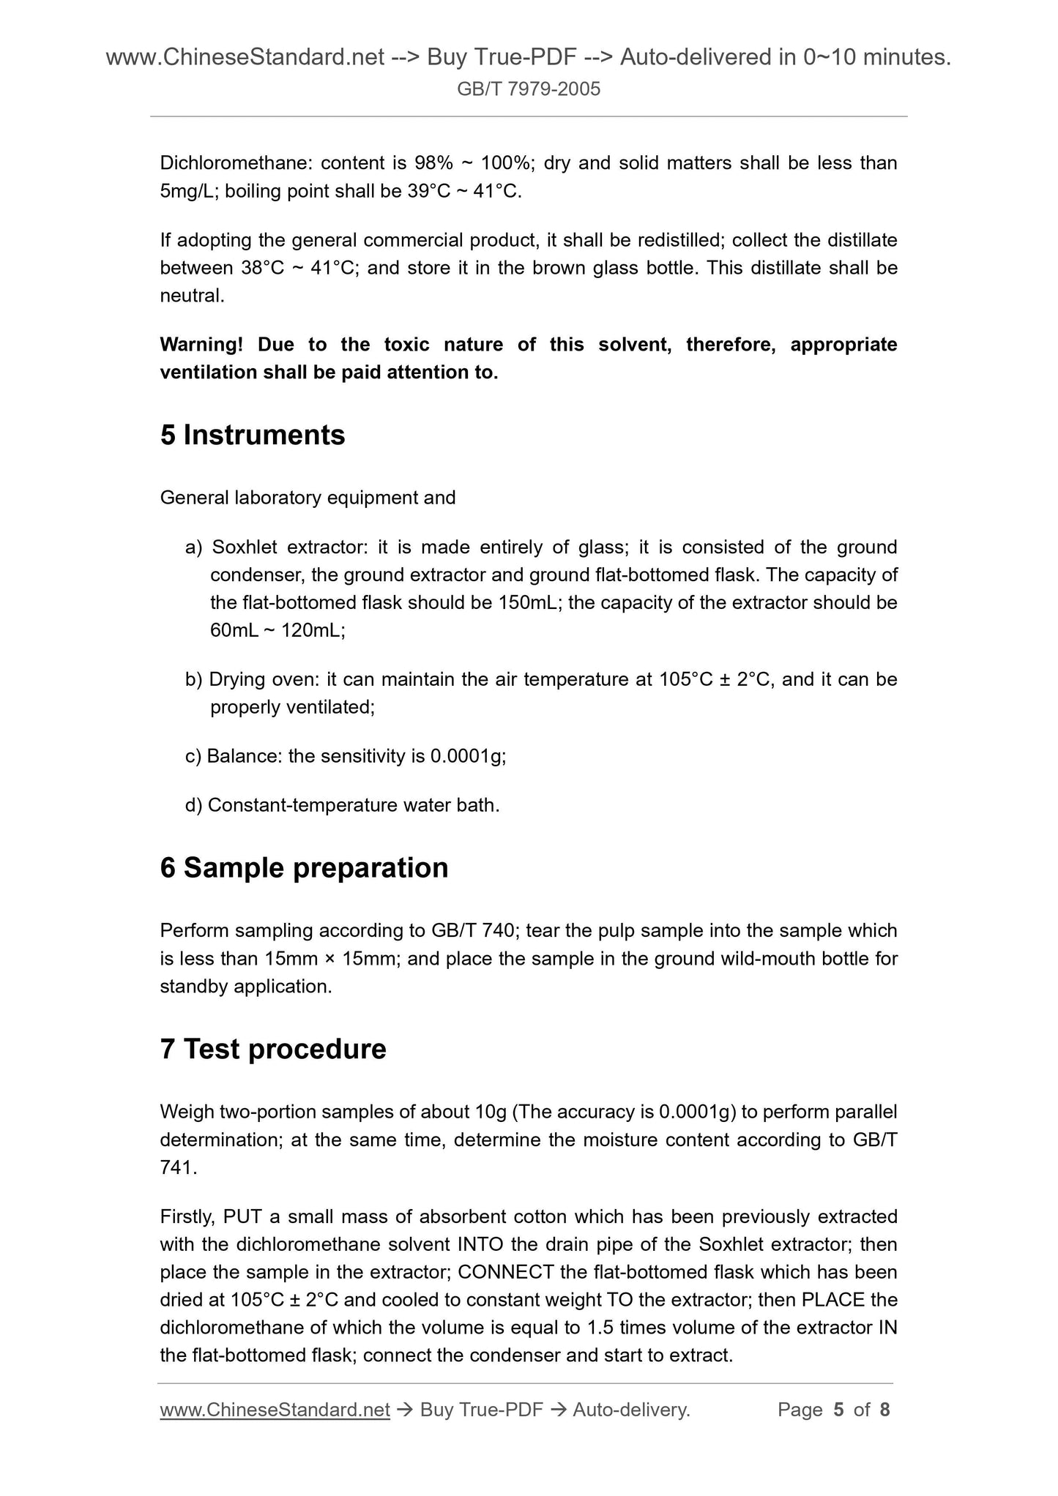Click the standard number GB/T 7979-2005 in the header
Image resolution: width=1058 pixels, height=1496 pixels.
point(529,89)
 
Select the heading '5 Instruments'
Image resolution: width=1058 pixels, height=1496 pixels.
point(252,435)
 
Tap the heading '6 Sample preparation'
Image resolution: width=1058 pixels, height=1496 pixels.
point(304,868)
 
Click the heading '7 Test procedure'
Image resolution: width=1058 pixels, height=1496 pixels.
point(273,1050)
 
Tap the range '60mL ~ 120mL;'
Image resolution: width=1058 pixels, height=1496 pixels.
point(277,631)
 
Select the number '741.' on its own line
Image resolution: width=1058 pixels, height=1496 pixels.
point(179,1168)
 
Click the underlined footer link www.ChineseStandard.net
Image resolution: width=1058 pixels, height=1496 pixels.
point(275,1410)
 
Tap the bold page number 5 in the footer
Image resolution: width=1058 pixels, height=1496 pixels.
point(839,1410)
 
